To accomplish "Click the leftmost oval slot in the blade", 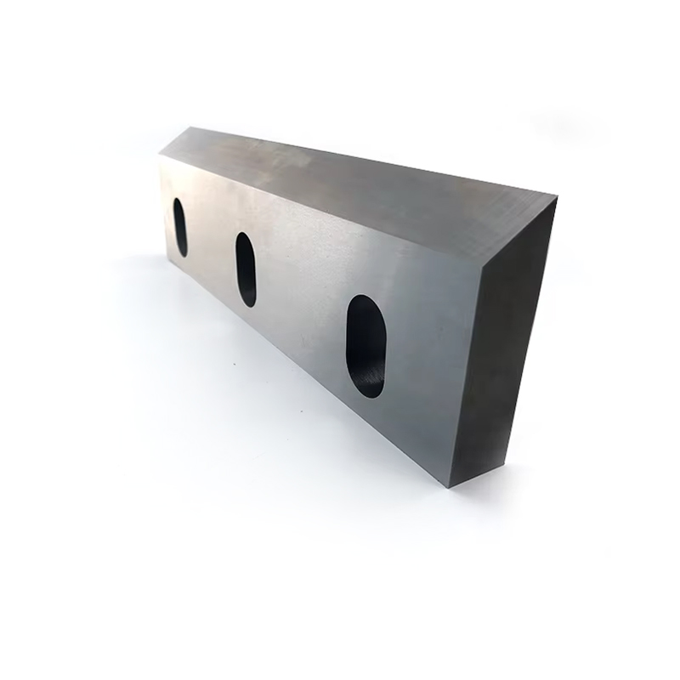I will tap(181, 227).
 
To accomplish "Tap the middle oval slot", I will tap(246, 269).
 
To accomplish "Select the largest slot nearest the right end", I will tap(365, 346).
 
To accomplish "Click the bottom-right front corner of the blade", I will tap(450, 486).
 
